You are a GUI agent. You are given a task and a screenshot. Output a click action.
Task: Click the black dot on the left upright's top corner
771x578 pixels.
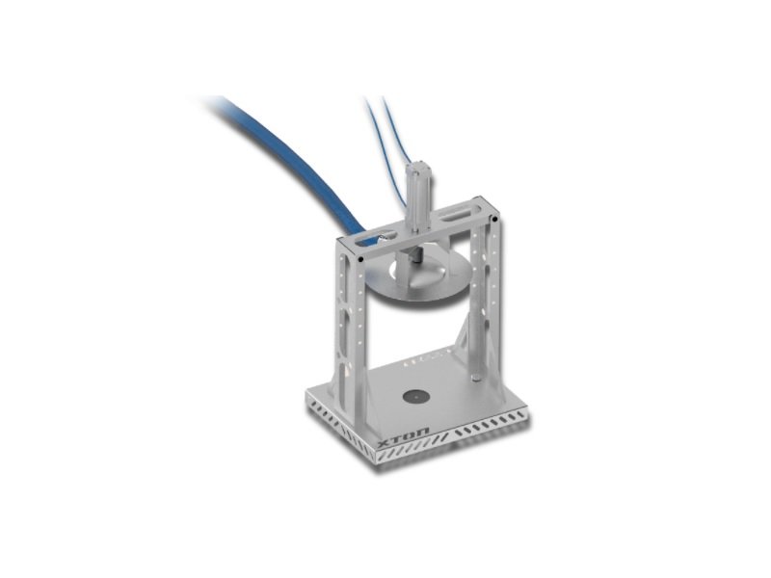click(360, 258)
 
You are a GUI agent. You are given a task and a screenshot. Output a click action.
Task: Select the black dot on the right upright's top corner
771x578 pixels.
click(495, 220)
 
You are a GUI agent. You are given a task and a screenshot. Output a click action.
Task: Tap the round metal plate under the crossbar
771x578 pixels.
click(419, 276)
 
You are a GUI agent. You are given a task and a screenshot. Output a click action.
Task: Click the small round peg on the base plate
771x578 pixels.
click(475, 378)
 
